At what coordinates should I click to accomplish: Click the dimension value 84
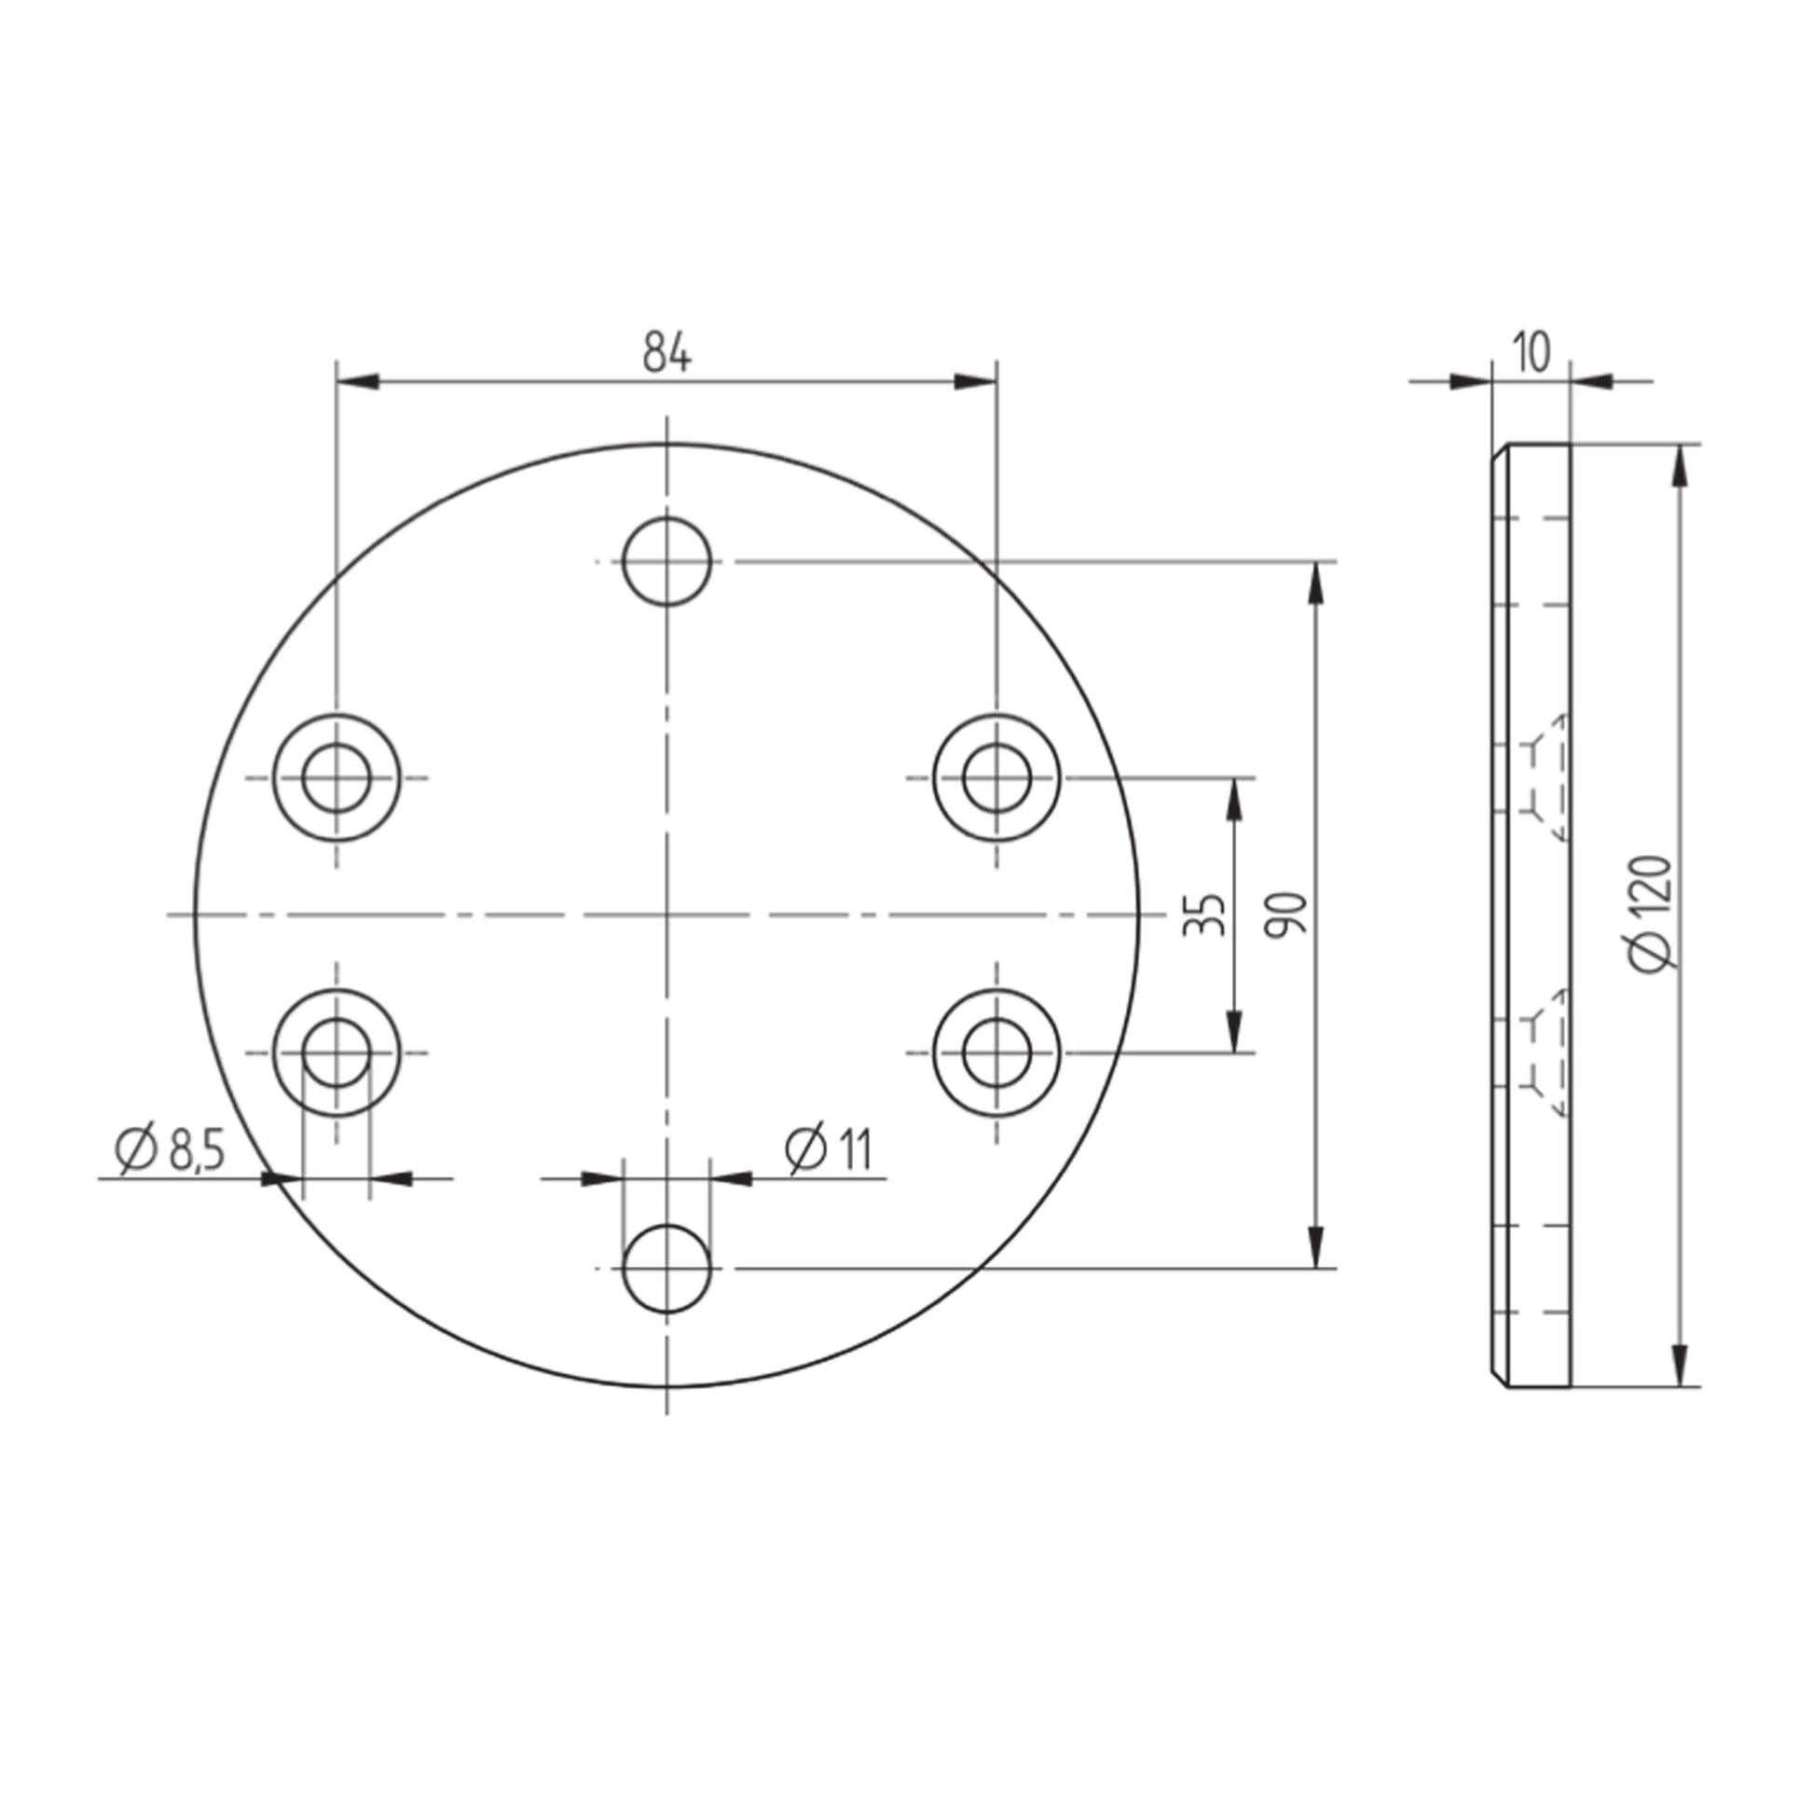point(667,353)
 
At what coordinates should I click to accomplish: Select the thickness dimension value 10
point(1531,353)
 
